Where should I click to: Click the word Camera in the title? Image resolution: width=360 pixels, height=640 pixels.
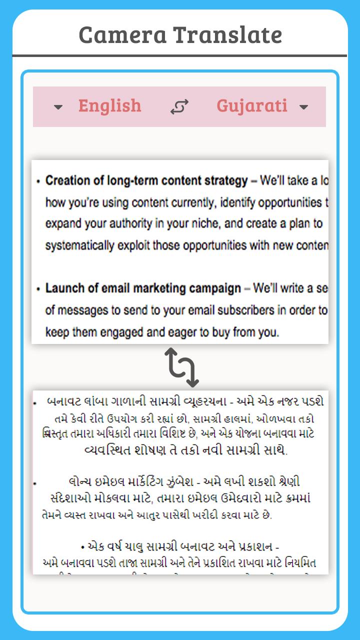coord(123,35)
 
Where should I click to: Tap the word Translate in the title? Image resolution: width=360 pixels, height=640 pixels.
coord(228,35)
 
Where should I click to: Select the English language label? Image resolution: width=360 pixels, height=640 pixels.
coord(109,105)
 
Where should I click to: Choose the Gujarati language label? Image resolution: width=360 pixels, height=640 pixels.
coord(251,105)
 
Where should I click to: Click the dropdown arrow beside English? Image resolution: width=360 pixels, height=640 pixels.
coord(58,106)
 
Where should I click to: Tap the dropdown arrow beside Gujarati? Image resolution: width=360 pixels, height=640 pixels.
coord(303,106)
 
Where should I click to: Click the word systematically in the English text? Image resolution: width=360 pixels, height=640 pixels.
coord(80,245)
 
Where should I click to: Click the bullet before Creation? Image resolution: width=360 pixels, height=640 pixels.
coord(38,181)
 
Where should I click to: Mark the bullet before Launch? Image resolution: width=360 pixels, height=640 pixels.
coord(38,289)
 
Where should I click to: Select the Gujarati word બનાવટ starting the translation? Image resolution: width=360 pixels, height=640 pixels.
coord(61,401)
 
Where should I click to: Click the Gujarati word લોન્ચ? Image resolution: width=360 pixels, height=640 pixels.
coord(80,481)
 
